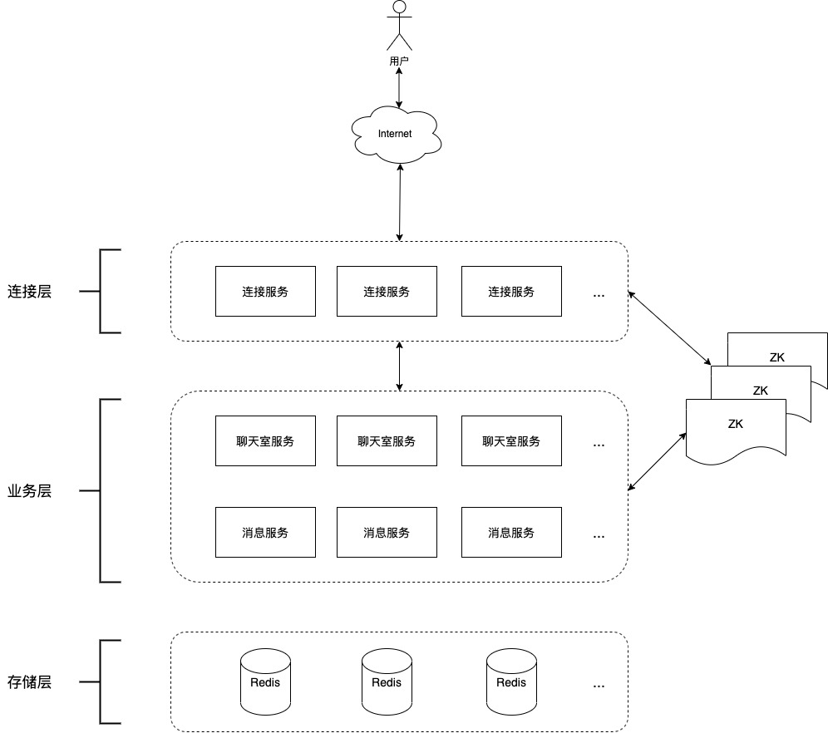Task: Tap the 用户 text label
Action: [x=399, y=61]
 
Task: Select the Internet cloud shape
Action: [x=396, y=135]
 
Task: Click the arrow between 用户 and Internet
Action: [x=399, y=87]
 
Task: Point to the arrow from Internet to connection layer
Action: [x=400, y=203]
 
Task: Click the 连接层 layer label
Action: [x=30, y=292]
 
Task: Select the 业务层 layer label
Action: [x=30, y=491]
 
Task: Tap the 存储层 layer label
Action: [x=30, y=681]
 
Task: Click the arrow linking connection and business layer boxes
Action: [x=399, y=366]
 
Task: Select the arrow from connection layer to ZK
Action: [x=669, y=327]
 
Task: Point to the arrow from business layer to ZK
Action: [x=657, y=462]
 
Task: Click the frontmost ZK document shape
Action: [x=736, y=431]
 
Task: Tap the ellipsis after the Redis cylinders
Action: [x=599, y=686]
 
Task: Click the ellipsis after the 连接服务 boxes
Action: [x=599, y=296]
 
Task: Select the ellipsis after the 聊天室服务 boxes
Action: [x=599, y=446]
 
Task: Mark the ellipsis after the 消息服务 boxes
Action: [x=599, y=537]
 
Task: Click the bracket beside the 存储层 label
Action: [x=101, y=681]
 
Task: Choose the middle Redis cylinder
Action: [x=387, y=681]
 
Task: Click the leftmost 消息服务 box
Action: [x=266, y=532]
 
